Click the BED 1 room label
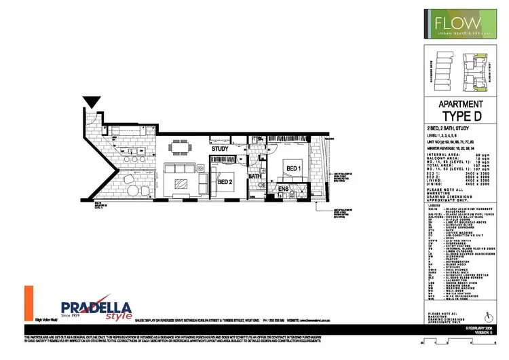(293, 168)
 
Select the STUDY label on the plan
(219, 148)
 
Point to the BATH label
(255, 177)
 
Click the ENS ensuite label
(283, 188)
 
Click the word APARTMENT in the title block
(461, 105)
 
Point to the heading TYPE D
(461, 117)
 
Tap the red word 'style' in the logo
(120, 316)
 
